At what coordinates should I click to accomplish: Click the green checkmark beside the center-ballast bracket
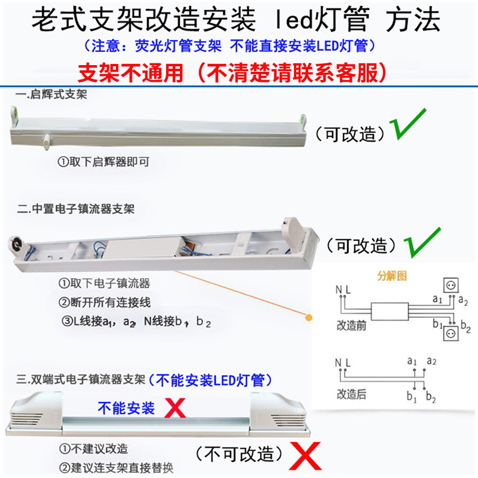(x=422, y=241)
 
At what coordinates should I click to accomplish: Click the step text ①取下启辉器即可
(x=103, y=162)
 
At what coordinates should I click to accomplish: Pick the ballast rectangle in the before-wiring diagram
(x=388, y=311)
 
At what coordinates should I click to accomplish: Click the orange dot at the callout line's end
(x=309, y=318)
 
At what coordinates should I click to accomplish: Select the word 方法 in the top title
(x=413, y=21)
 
